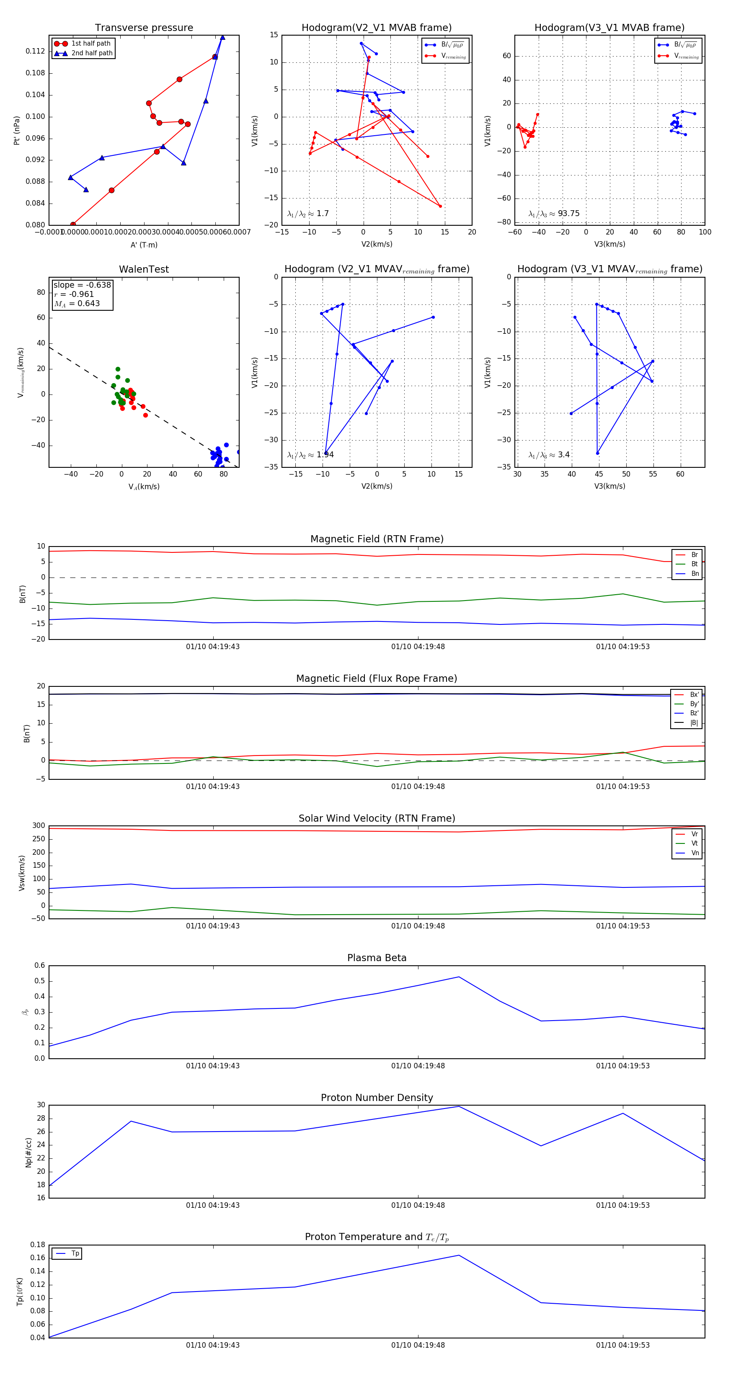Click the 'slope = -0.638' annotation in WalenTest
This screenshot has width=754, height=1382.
tap(82, 285)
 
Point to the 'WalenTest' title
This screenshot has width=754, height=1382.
tap(144, 269)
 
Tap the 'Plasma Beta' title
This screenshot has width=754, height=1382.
tap(377, 958)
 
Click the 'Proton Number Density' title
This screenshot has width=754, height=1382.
tap(377, 1098)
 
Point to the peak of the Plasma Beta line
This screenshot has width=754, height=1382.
tap(459, 977)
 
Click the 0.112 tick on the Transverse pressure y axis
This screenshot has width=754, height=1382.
tap(36, 52)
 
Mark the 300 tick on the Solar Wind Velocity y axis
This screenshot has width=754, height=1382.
tap(39, 826)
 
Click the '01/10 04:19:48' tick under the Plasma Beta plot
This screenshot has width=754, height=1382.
tap(418, 1065)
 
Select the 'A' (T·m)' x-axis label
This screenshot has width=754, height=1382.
tap(144, 245)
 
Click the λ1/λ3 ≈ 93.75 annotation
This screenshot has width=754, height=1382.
tap(554, 214)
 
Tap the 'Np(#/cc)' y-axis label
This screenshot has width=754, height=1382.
tap(28, 1153)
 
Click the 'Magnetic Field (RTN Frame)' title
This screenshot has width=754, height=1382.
tap(377, 539)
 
